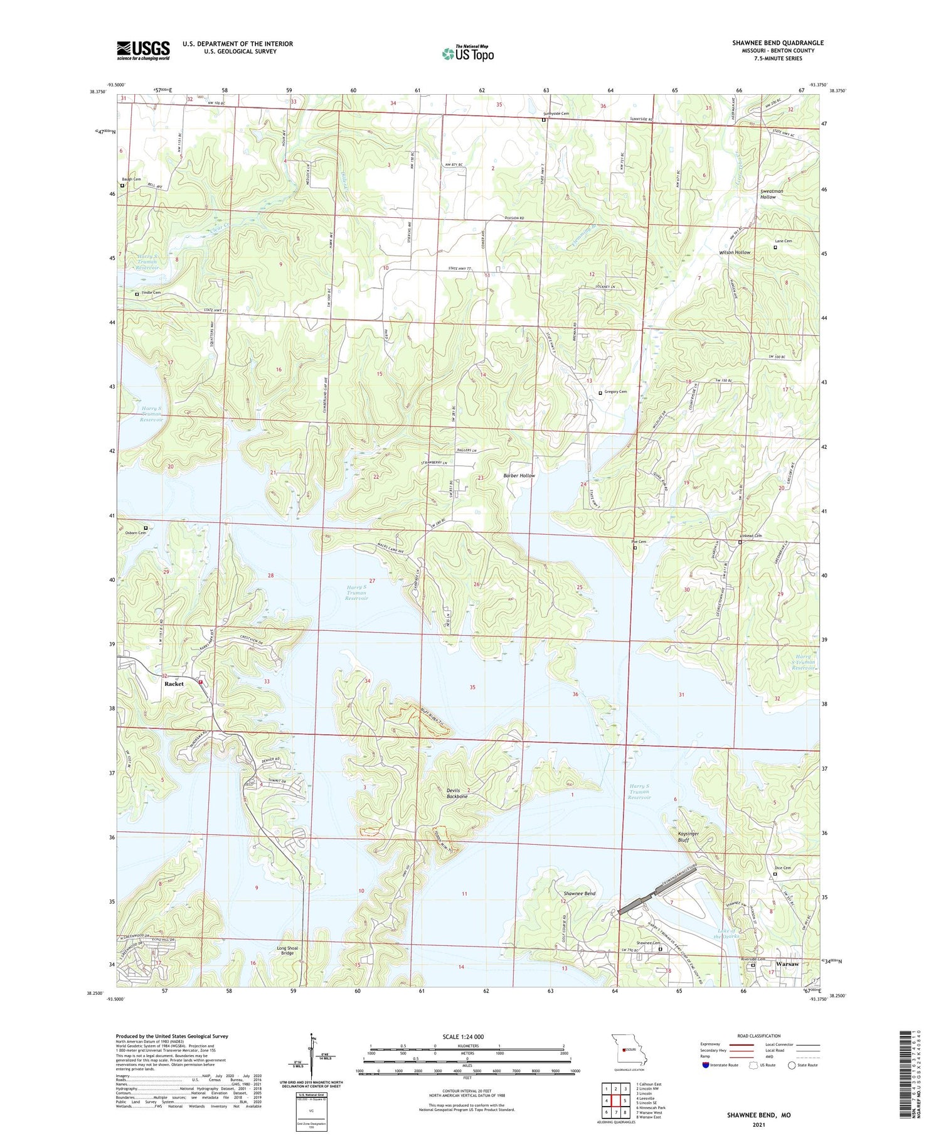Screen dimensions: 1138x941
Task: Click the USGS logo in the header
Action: tap(143, 50)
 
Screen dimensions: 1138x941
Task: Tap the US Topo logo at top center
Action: tap(468, 53)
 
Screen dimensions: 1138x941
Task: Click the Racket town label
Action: tap(174, 684)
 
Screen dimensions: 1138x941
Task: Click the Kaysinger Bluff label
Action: tap(688, 837)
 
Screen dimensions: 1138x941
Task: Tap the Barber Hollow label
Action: tap(519, 476)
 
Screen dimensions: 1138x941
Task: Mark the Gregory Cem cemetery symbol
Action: tap(600, 393)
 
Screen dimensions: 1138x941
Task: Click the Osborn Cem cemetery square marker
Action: tap(146, 528)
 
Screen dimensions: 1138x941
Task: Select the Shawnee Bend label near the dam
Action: tap(579, 893)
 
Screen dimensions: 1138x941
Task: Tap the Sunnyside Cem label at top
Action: tap(556, 114)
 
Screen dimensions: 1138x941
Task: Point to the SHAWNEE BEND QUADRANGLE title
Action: tap(778, 43)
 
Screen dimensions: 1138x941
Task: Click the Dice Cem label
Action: tap(783, 868)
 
